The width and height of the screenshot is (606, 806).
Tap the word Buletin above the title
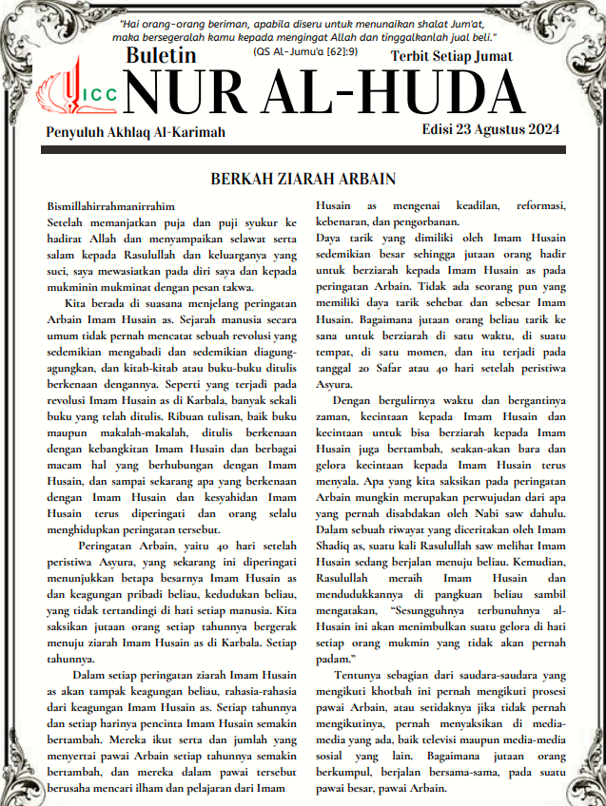pyautogui.click(x=161, y=57)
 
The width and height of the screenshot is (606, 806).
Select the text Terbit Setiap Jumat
pyautogui.click(x=452, y=56)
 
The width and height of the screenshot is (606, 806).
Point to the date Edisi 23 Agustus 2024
pyautogui.click(x=492, y=129)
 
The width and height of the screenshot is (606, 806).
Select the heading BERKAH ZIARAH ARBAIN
pyautogui.click(x=303, y=180)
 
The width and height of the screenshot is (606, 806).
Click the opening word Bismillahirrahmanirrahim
pyautogui.click(x=111, y=205)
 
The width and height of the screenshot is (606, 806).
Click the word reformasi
pyautogui.click(x=539, y=205)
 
